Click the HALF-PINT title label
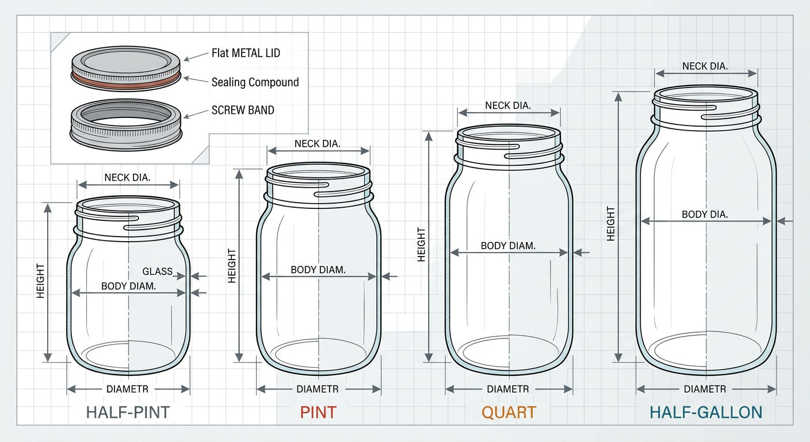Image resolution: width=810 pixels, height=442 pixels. point(128,412)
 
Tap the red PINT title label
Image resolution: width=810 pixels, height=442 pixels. point(318,412)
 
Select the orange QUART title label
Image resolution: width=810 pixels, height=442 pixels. point(509,412)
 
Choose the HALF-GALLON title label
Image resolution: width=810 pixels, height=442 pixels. point(706,412)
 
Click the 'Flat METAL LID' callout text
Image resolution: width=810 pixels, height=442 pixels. point(246,54)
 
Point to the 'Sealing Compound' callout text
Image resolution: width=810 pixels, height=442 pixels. point(255,82)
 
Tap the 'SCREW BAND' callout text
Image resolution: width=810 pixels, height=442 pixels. point(243,110)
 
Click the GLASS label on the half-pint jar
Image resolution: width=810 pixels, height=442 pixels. point(157,271)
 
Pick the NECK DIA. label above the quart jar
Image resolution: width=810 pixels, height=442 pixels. point(508,106)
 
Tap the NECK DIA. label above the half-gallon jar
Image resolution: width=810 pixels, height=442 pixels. point(705,66)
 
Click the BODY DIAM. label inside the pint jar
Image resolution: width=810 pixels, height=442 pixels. point(318,269)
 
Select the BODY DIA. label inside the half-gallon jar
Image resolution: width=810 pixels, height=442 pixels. point(705,214)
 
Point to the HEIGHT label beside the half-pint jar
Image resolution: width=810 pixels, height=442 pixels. point(40,281)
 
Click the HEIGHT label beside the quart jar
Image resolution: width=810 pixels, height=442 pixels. point(421,245)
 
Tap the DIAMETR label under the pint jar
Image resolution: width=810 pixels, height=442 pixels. point(318,389)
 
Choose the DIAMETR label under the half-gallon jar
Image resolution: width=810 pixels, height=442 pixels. point(705,389)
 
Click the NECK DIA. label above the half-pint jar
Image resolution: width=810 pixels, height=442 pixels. point(128,177)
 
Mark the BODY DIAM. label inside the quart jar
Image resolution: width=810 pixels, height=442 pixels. point(508,246)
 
